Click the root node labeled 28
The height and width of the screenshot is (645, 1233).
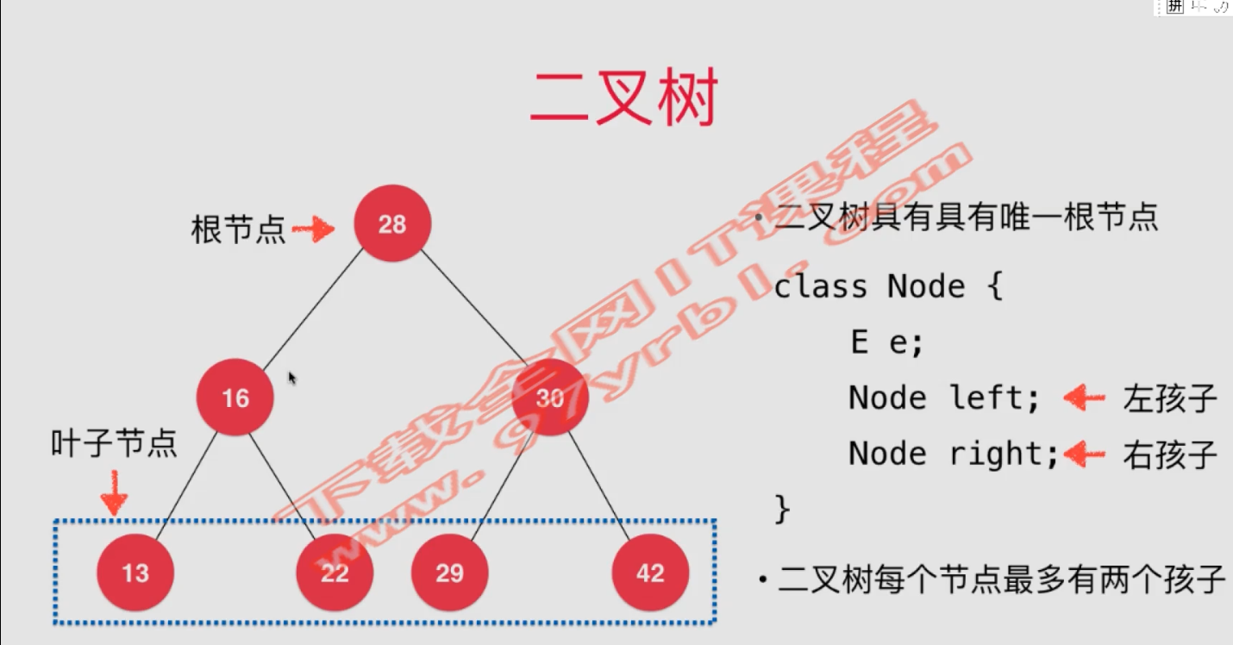coord(392,224)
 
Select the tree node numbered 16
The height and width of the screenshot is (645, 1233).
coord(235,398)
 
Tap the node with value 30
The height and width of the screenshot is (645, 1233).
coord(550,398)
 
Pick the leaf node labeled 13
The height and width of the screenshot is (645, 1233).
coord(135,573)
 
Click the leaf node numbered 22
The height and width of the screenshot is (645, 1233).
coord(335,573)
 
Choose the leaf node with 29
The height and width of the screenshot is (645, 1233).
coord(449,573)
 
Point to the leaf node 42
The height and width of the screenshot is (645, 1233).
coord(650,573)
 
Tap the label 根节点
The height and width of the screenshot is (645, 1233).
coord(238,229)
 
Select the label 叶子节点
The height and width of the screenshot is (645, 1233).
coord(114,443)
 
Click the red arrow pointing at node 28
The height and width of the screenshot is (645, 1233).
coord(314,229)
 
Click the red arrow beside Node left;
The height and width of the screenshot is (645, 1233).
coord(1084,398)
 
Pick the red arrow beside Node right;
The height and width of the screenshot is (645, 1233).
coord(1084,454)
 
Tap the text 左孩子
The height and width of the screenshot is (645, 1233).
coord(1169,398)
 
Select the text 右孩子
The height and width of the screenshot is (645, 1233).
coord(1169,454)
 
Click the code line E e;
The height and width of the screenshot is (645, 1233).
coord(886,342)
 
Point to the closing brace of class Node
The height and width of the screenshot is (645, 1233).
coord(782,508)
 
